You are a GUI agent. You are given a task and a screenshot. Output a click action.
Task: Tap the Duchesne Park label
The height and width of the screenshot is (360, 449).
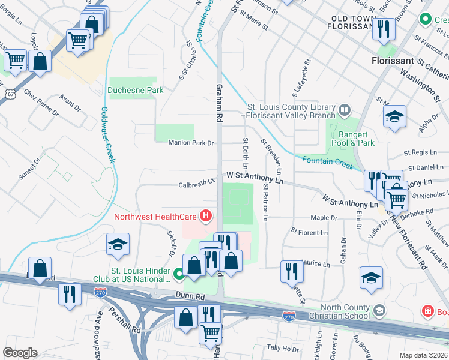pyautogui.click(x=136, y=91)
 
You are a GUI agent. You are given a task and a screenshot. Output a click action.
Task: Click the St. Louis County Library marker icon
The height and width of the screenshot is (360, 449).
pyautogui.click(x=345, y=110)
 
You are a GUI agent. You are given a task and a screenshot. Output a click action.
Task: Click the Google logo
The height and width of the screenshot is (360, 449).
pyautogui.click(x=19, y=353)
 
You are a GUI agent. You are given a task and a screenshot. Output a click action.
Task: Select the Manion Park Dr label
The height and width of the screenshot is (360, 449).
pyautogui.click(x=191, y=143)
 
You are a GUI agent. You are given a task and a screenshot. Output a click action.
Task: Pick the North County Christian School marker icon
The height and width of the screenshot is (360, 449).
pyautogui.click(x=379, y=310)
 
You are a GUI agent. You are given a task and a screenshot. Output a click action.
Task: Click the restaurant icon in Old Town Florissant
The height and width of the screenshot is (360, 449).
pyautogui.click(x=383, y=29)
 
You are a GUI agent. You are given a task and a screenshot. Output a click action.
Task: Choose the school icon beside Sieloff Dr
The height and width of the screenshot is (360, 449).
pyautogui.click(x=118, y=244)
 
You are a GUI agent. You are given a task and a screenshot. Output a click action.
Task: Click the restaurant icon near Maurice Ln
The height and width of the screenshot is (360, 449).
pyautogui.click(x=292, y=271)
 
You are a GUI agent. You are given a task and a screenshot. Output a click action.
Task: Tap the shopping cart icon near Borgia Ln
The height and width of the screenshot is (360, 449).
pyautogui.click(x=14, y=59)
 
